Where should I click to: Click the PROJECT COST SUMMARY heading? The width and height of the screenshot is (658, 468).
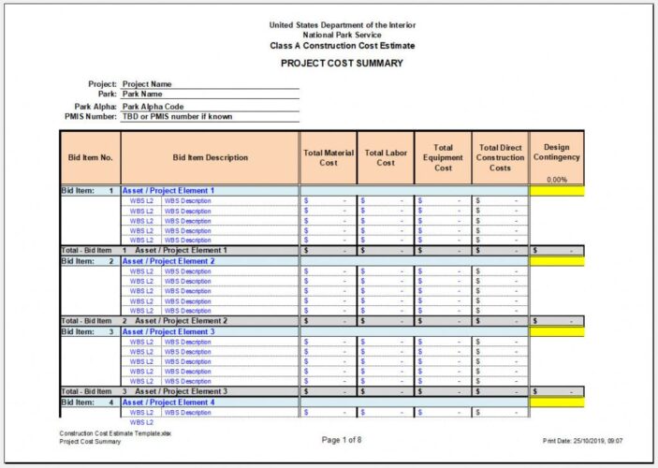[x=342, y=64]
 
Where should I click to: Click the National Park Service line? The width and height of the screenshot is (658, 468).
[x=342, y=35]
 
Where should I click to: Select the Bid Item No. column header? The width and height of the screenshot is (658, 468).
[x=91, y=157]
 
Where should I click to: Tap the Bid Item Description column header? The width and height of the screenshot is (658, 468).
[x=211, y=157]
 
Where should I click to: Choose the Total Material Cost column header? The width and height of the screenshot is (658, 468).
[x=328, y=157]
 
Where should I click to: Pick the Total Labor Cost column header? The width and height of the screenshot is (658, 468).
[x=386, y=157]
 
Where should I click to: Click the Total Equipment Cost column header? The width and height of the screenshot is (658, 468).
[x=443, y=157]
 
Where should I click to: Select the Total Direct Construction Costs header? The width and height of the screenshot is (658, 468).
[x=501, y=157]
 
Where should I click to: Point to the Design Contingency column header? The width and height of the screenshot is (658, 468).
[x=557, y=153]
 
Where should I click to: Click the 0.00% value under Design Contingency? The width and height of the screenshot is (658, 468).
[x=557, y=179]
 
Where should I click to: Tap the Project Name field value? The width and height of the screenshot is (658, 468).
[x=147, y=84]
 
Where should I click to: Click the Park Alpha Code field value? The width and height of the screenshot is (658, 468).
[x=154, y=107]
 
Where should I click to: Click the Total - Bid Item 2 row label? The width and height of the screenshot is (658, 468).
[x=86, y=321]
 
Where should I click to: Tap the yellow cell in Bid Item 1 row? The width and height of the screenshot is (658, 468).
[x=557, y=190]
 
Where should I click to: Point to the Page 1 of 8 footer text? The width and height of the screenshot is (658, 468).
[x=342, y=439]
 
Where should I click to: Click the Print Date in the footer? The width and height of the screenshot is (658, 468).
[x=582, y=440]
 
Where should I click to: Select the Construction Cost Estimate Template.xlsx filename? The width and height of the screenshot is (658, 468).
[x=115, y=434]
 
